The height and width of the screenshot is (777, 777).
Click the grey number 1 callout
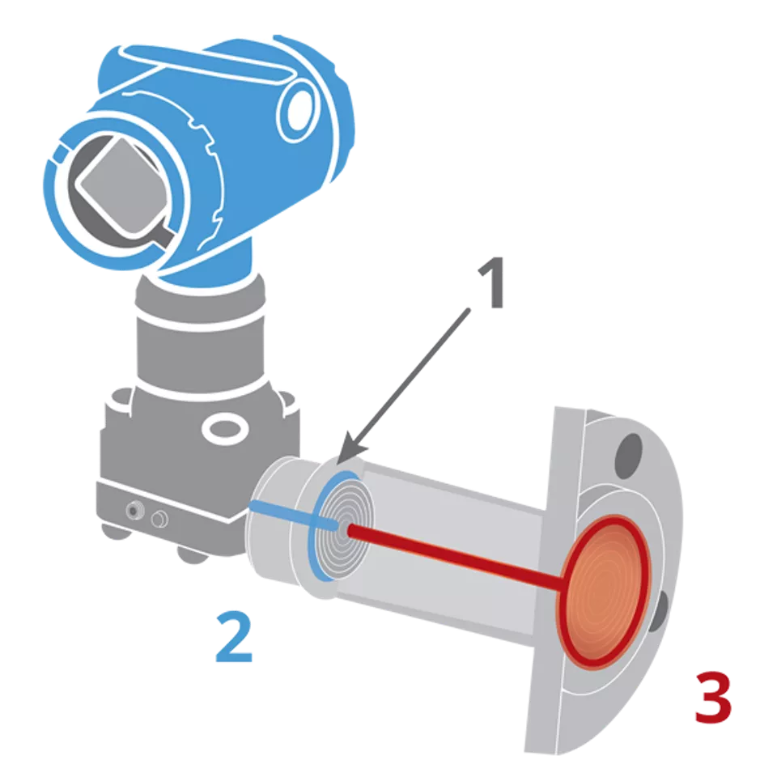(x=491, y=283)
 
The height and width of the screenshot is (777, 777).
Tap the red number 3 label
(x=713, y=698)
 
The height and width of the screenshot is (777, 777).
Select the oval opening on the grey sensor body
(x=226, y=429)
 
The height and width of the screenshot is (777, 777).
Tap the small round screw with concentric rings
(x=133, y=511)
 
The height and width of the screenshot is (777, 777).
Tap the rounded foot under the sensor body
(x=193, y=554)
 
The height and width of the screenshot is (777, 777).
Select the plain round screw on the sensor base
(x=159, y=520)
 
